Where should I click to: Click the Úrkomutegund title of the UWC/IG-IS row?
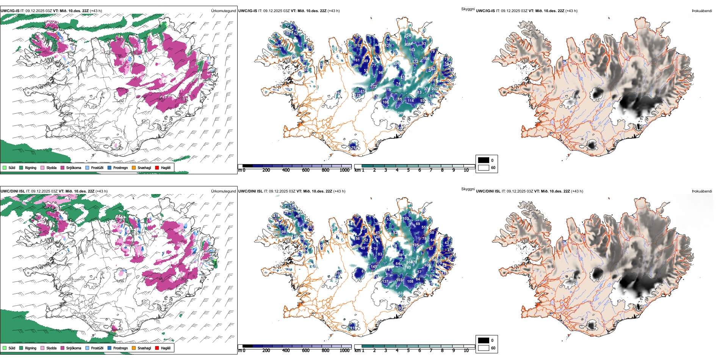(x=223, y=11)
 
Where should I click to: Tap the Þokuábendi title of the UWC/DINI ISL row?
(x=702, y=191)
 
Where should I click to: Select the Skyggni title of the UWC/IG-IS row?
(x=468, y=9)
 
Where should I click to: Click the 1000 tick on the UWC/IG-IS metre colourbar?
(x=344, y=170)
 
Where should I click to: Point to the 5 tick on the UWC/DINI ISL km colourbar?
(x=408, y=351)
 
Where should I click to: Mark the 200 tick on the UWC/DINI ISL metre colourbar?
(x=266, y=351)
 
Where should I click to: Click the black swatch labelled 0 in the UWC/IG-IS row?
(x=484, y=160)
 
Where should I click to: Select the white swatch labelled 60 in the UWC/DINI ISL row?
(x=484, y=348)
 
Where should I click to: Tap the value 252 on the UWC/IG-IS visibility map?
(x=407, y=35)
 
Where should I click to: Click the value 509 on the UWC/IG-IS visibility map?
(x=401, y=113)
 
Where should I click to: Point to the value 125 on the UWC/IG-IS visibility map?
(x=358, y=95)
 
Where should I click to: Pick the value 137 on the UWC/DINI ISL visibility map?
(x=385, y=281)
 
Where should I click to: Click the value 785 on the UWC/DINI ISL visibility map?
(x=408, y=268)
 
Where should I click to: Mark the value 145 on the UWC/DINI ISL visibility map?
(x=374, y=267)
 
